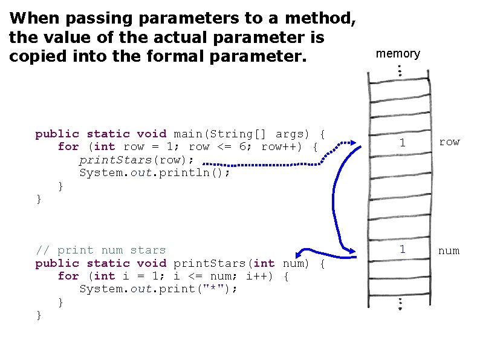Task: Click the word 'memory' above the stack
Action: (398, 54)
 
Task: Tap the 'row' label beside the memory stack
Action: (449, 142)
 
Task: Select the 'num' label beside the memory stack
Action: (449, 250)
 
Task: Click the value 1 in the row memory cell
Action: (401, 142)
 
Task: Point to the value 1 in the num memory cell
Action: (401, 249)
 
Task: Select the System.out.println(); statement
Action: (155, 172)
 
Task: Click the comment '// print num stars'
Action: (100, 250)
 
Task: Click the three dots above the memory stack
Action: (400, 71)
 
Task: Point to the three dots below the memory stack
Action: (400, 304)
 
